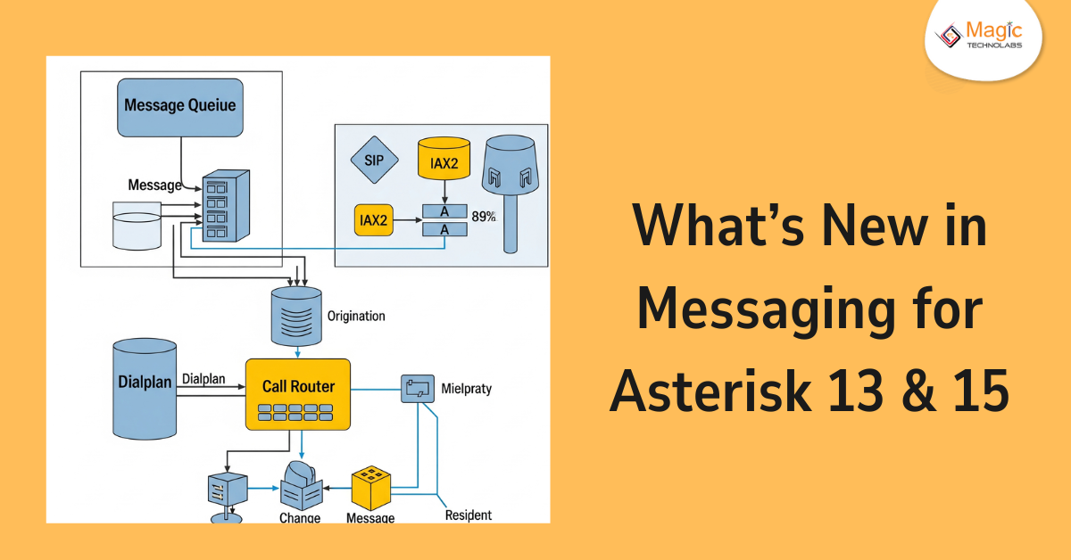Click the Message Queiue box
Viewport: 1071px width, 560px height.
[x=180, y=106]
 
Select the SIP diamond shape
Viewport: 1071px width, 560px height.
[x=368, y=161]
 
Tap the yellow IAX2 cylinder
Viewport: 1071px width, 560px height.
[x=444, y=161]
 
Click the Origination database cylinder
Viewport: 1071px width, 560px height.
[x=295, y=316]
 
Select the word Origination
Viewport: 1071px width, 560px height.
[x=356, y=316]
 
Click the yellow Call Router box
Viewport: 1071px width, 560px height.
[x=298, y=394]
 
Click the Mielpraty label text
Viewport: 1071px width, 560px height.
[x=466, y=389]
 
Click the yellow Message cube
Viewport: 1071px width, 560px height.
[x=372, y=488]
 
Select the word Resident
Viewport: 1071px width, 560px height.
[x=468, y=515]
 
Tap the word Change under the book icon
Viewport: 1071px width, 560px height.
[x=300, y=517]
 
